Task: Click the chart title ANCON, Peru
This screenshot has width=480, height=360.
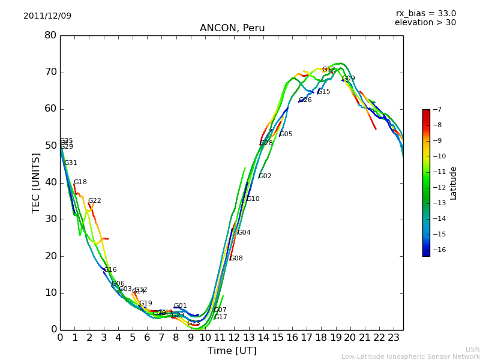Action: coord(232,28)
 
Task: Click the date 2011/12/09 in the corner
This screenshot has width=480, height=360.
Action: coord(47,16)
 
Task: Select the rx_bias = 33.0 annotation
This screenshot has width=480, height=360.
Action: coord(426,14)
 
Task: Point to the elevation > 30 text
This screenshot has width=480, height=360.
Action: coord(425,23)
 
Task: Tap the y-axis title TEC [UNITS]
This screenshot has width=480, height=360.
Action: coord(37,183)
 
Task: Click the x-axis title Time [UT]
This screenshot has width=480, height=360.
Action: coord(232,351)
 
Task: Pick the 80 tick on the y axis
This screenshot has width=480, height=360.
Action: coord(50,35)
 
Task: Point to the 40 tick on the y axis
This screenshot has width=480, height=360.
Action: coord(50,182)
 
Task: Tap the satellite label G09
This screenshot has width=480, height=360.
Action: coord(349,79)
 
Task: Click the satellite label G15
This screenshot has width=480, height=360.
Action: coord(324,92)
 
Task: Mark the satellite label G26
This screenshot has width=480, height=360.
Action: coord(305,100)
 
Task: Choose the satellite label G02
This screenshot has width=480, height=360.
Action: coord(265,176)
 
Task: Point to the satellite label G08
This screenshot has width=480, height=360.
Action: coord(236,259)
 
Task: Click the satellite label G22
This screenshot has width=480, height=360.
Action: coord(95,201)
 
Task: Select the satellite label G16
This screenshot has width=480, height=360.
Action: coord(110,270)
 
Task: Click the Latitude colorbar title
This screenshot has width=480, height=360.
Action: coord(454,183)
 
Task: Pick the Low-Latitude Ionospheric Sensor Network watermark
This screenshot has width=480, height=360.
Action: coord(410,357)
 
